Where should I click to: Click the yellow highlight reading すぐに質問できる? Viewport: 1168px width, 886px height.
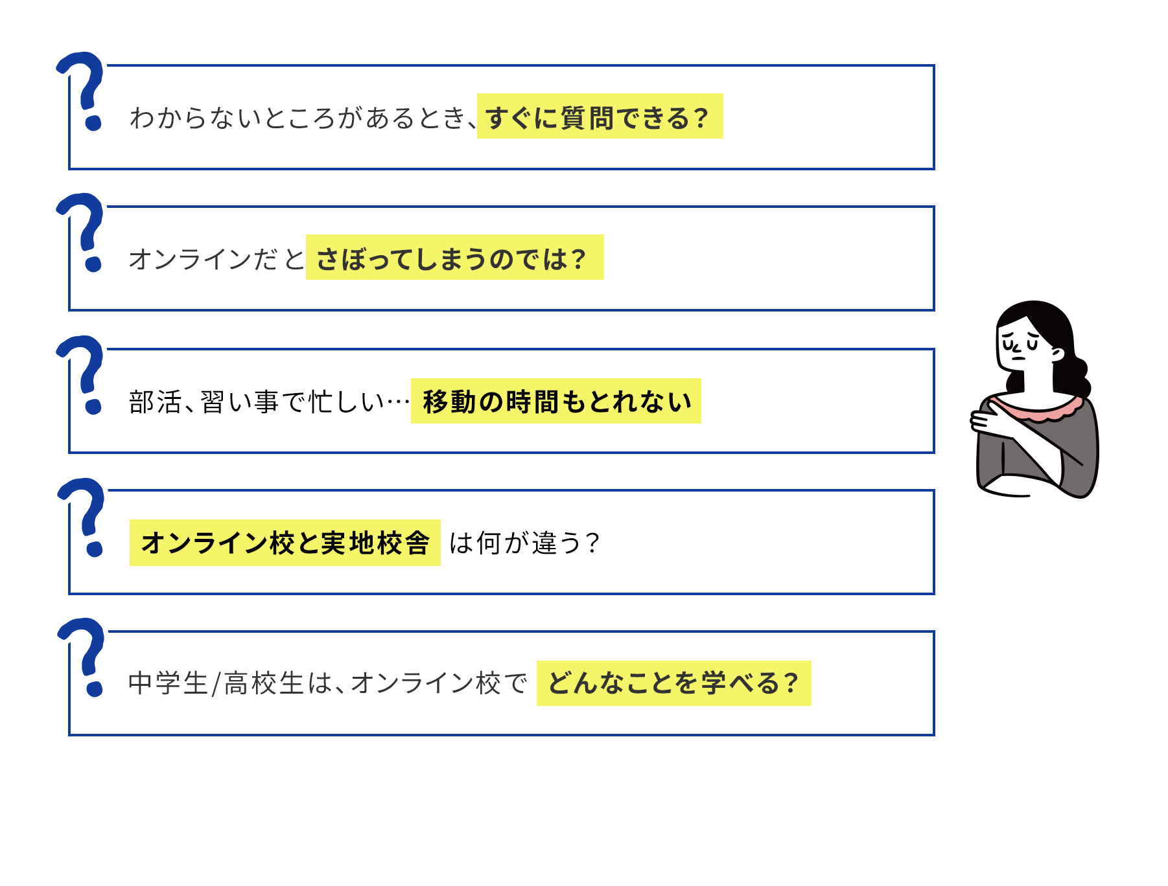[600, 116]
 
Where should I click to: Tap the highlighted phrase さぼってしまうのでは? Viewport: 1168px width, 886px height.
[454, 257]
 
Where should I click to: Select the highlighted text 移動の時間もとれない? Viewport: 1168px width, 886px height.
[555, 401]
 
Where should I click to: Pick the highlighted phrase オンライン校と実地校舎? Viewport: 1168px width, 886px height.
[285, 543]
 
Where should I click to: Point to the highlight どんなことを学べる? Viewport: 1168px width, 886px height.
[673, 683]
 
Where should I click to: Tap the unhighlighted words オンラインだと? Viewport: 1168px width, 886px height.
[216, 259]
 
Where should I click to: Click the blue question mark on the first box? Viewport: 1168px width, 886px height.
[82, 91]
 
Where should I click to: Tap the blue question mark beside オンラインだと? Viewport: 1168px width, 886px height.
[82, 232]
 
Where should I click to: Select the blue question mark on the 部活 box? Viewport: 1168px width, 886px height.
[82, 374]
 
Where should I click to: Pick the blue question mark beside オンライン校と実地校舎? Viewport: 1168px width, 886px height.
[82, 517]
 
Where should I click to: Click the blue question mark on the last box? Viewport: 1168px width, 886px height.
[82, 657]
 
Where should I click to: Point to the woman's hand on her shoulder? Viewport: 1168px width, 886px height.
[988, 418]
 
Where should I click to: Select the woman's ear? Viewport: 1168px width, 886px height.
[1057, 354]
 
